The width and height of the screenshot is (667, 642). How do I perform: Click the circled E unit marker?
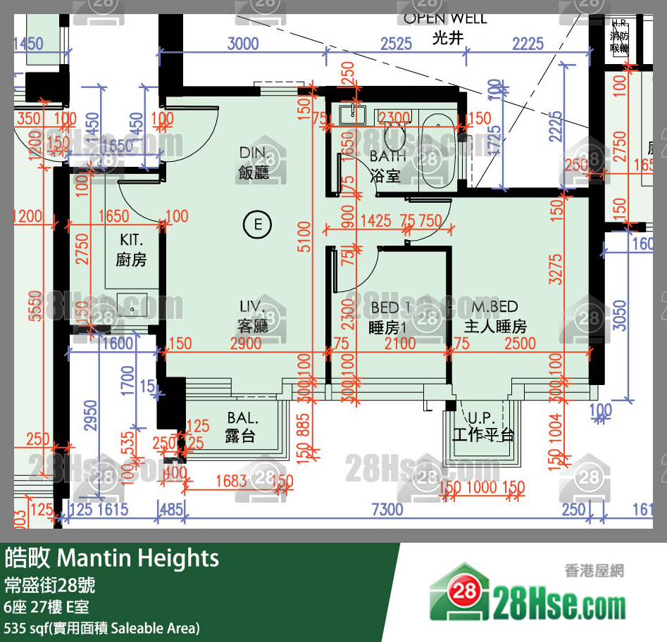[257, 225]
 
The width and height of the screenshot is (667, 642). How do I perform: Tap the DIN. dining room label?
[254, 153]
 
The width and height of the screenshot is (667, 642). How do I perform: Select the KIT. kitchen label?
[131, 240]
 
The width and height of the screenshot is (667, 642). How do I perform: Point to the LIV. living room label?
[252, 307]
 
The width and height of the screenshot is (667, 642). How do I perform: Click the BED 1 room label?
[390, 308]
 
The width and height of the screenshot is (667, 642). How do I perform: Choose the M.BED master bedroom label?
[494, 307]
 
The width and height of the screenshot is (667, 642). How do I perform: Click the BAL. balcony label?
[240, 417]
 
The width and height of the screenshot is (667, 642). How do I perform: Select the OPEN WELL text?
[445, 19]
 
